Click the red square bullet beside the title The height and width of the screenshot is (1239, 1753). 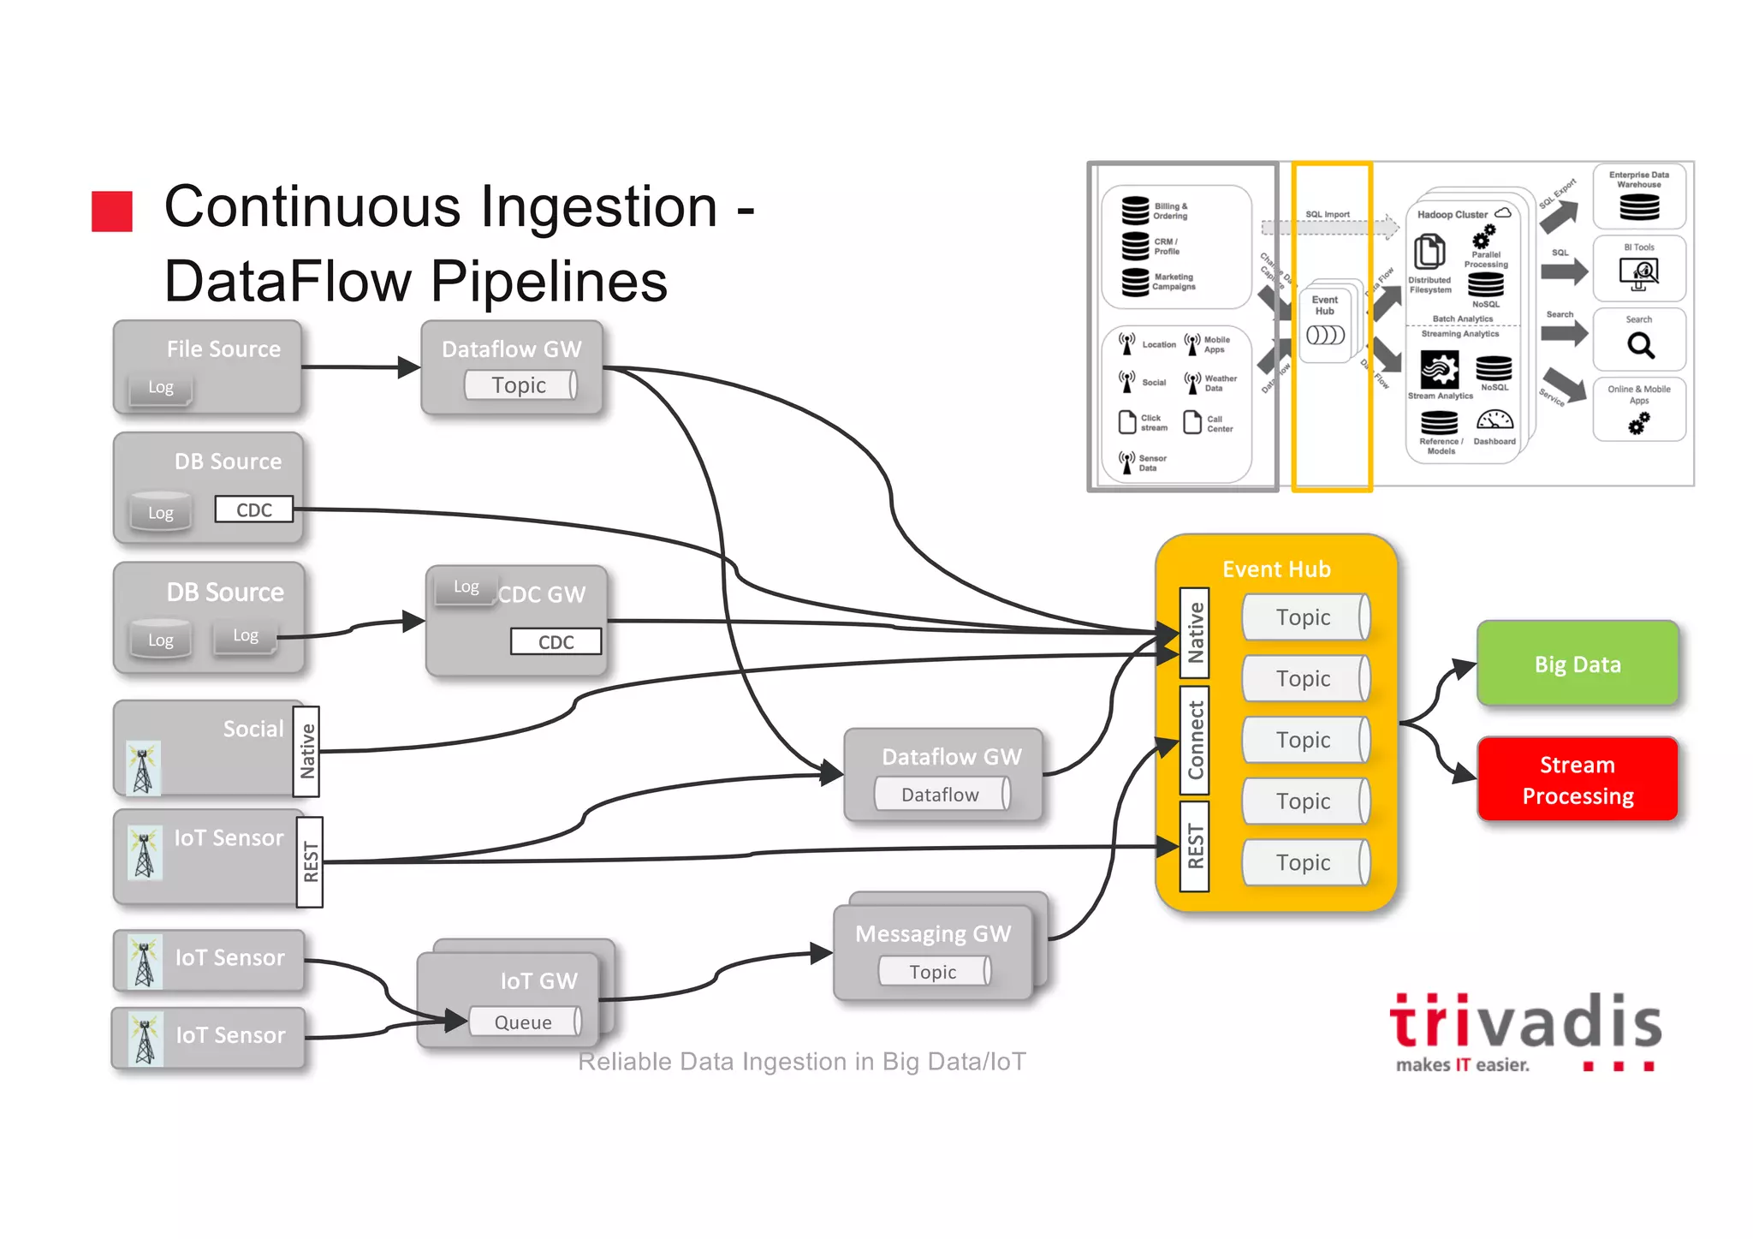click(x=112, y=211)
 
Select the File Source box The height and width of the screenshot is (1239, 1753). click(x=207, y=366)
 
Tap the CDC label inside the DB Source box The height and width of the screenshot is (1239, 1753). click(x=253, y=509)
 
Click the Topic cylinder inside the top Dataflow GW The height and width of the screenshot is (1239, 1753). click(x=520, y=385)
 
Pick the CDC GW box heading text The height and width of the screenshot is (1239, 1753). click(x=542, y=594)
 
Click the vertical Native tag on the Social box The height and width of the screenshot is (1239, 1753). click(x=306, y=751)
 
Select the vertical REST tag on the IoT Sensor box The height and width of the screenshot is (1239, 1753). click(x=310, y=861)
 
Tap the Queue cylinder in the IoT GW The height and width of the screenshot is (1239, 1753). click(x=524, y=1022)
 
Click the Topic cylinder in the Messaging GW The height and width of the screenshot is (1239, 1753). click(x=933, y=972)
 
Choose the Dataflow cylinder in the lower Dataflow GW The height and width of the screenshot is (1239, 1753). click(x=941, y=795)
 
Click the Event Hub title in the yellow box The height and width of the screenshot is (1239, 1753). click(x=1276, y=569)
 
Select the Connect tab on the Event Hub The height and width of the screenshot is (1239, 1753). click(x=1195, y=740)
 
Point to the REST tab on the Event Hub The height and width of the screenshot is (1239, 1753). click(x=1195, y=846)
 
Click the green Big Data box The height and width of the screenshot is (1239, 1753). click(x=1577, y=664)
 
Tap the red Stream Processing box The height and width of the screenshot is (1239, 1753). click(x=1577, y=779)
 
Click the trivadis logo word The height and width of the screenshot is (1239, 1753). click(x=1524, y=1022)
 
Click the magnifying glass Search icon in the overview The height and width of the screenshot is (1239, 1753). click(x=1640, y=345)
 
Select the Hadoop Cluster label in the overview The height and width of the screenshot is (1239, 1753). click(x=1452, y=214)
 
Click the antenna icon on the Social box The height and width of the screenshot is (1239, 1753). click(x=143, y=767)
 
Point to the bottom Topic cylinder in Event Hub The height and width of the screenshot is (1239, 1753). click(x=1304, y=862)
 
